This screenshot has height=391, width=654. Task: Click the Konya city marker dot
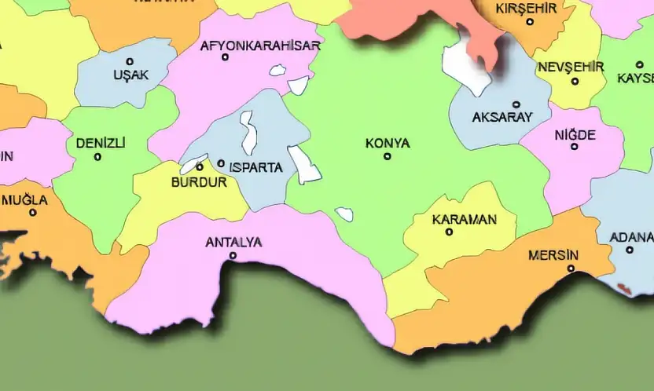pos(388,156)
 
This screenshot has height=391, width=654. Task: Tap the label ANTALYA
pos(233,242)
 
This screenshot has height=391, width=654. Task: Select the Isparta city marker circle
pos(221,163)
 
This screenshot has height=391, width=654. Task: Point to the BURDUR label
pos(199,182)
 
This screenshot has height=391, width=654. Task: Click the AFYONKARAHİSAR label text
pos(260,46)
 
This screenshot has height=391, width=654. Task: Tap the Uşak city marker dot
pos(130,61)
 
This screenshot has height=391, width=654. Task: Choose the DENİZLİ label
pos(101,143)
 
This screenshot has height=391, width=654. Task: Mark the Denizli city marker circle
pos(97,157)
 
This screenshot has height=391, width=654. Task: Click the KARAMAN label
pos(465,219)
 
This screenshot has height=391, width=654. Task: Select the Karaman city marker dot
pos(450,232)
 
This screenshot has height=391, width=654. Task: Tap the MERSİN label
pos(553,255)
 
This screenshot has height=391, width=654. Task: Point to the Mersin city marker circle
pos(571,269)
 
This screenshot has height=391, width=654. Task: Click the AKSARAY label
pos(502,117)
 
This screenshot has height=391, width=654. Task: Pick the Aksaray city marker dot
pos(516,104)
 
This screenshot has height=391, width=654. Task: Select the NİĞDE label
pos(575,134)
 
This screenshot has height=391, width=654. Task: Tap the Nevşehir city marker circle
pos(575,81)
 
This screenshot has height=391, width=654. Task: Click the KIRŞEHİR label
pos(527,9)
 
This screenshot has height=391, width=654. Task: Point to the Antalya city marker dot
pos(233,255)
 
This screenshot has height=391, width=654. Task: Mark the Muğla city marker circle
pos(33,213)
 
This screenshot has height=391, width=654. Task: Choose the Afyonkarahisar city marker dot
pos(226,57)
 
